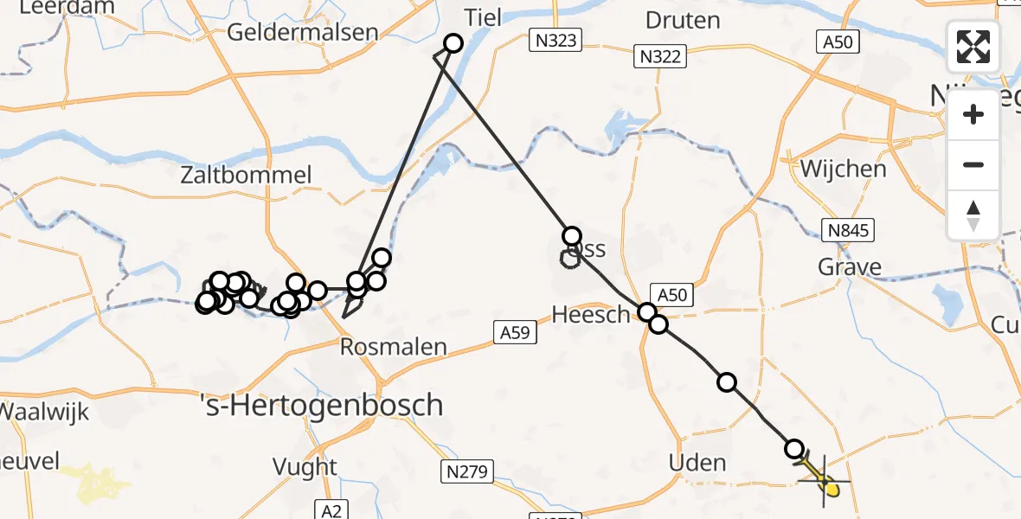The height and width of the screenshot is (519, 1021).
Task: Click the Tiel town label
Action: [x=482, y=18]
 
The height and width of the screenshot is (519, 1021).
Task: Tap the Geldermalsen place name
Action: [x=303, y=33]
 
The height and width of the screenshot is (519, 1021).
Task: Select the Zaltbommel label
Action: [x=246, y=176]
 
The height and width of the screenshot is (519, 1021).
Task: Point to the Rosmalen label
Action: [x=393, y=348]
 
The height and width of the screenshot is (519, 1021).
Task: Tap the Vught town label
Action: [x=305, y=467]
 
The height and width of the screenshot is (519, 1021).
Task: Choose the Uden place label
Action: [x=697, y=463]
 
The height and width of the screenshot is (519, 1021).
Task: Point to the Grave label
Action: [x=850, y=266]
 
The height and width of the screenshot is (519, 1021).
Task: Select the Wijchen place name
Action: [x=843, y=169]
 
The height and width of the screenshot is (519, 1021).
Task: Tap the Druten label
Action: [x=682, y=20]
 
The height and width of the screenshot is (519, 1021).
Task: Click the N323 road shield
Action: [x=555, y=40]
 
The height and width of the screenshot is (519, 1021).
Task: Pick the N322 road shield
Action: [x=661, y=57]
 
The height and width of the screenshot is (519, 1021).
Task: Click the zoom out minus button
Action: [x=973, y=165]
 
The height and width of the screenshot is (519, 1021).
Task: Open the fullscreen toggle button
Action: [x=973, y=47]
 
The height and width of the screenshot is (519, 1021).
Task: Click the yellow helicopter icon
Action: [x=822, y=479]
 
